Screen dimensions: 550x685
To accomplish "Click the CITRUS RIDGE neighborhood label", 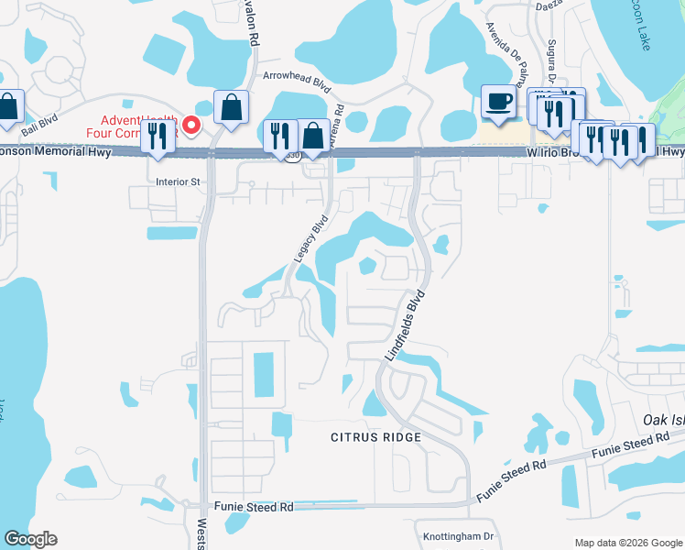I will point(376,437).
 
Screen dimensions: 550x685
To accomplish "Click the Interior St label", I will point(178,181).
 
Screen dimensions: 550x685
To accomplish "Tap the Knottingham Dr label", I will point(458,536).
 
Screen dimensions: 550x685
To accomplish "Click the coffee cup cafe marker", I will point(499,102).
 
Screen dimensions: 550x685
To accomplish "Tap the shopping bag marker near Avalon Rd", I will point(231,106).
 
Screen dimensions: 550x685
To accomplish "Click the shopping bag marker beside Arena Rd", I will point(314,136).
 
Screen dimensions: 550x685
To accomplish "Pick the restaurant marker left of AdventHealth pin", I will point(161,135).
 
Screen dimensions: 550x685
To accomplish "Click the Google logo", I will point(30,539).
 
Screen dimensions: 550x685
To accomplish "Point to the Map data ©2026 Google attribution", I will point(627,543).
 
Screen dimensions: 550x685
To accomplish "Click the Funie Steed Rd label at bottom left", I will point(254,506).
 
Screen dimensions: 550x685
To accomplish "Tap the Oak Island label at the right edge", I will point(663,419).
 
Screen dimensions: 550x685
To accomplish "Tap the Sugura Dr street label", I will point(552,54).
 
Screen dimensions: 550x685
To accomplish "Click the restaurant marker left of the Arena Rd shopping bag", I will point(280,135).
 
